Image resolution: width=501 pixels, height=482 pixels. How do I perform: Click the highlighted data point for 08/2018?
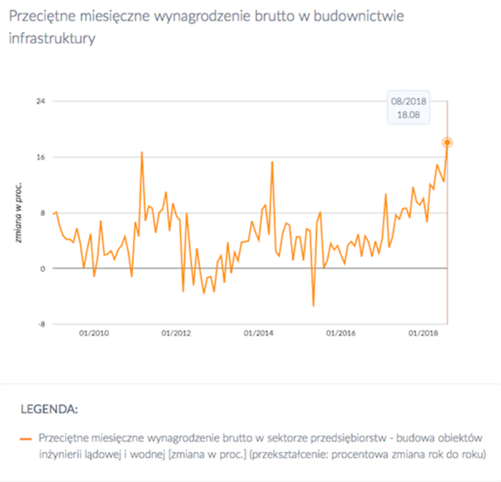[x=447, y=143]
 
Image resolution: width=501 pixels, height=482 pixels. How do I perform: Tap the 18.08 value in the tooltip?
[x=409, y=114]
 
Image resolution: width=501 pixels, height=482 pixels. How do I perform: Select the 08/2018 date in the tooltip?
[x=409, y=101]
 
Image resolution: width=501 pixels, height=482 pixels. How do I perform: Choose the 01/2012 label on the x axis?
[x=176, y=332]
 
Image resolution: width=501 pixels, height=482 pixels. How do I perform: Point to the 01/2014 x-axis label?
[x=260, y=332]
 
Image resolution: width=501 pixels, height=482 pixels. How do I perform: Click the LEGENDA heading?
[x=50, y=408]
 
